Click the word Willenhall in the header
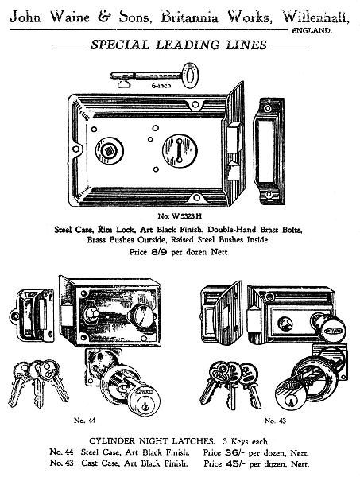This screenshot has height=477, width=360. click(x=316, y=17)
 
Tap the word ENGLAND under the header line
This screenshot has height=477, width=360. click(x=312, y=31)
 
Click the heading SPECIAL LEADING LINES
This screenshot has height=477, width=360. click(x=179, y=45)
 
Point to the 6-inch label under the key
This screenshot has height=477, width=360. click(x=161, y=86)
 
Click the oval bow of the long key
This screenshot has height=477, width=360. click(x=190, y=76)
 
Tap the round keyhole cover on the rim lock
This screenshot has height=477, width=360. click(x=180, y=151)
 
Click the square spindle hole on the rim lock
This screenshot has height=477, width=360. click(x=109, y=150)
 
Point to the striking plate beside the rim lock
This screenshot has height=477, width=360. click(x=269, y=151)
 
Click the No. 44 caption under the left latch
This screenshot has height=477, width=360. click(x=84, y=421)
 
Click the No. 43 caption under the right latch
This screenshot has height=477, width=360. click(x=275, y=421)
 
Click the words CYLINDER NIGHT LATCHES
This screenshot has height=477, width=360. click(x=152, y=441)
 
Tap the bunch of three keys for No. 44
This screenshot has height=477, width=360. click(x=38, y=383)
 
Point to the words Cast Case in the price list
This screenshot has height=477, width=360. click(x=99, y=464)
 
